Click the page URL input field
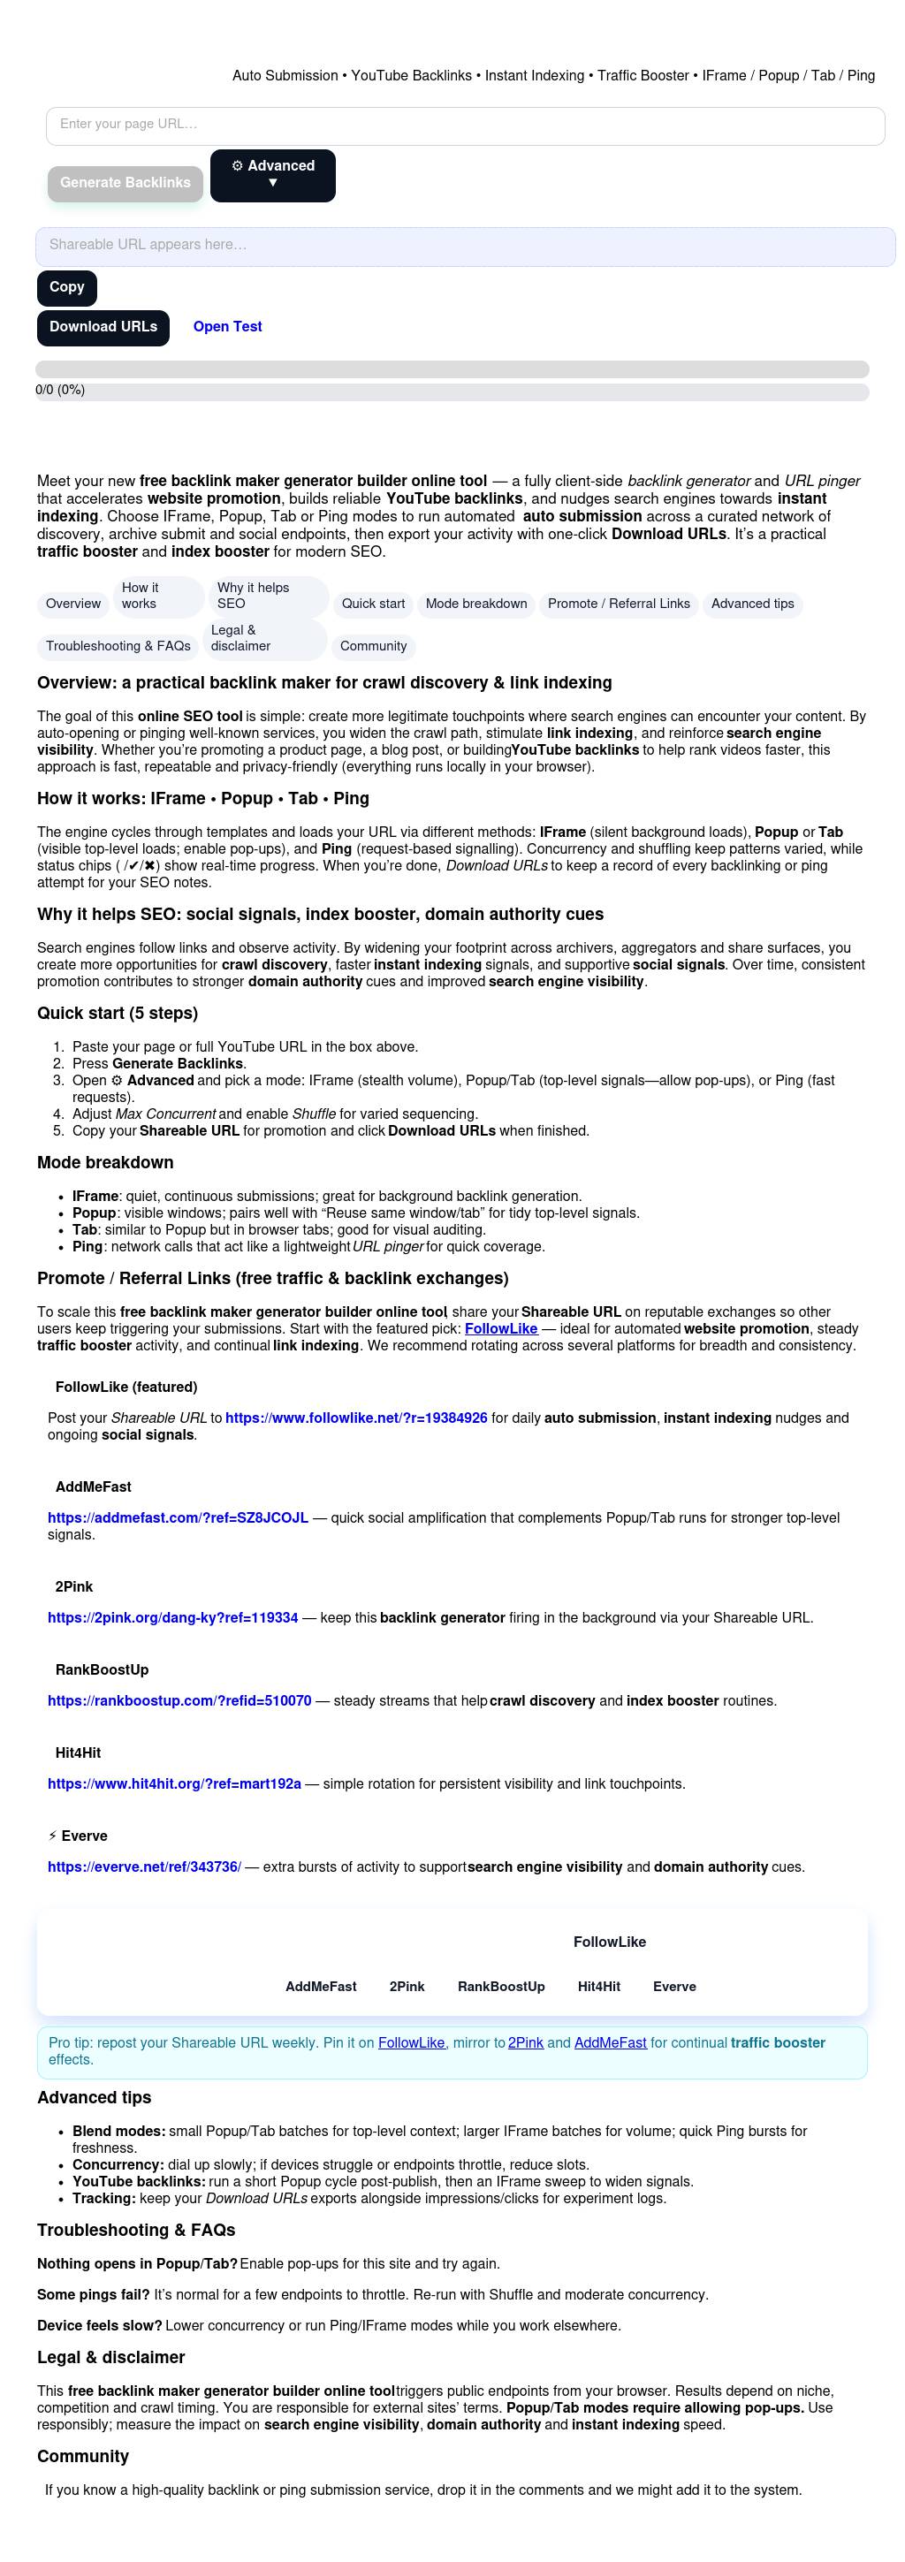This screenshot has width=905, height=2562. click(x=465, y=125)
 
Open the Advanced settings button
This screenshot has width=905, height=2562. click(x=272, y=175)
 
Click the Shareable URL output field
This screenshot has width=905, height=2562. click(x=465, y=246)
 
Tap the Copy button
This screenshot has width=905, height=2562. click(x=66, y=287)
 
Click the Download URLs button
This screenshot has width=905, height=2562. click(x=103, y=327)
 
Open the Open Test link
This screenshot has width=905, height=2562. click(x=228, y=327)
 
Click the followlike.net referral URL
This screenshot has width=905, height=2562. click(x=356, y=1418)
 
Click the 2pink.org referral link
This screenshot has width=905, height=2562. click(x=173, y=1618)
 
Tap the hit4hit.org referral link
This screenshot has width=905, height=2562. click(x=174, y=1784)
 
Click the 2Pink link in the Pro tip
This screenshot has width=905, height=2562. click(x=525, y=2043)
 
